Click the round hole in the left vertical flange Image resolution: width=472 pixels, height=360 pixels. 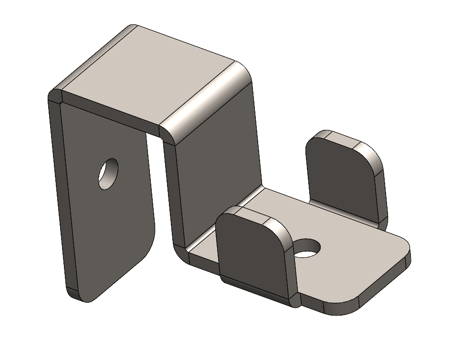[x=108, y=174]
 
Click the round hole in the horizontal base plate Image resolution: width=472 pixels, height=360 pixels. [x=307, y=248]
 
